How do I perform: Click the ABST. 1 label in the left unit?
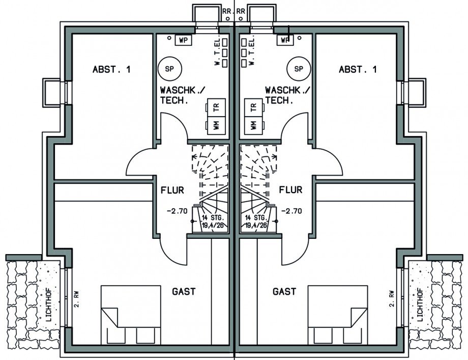point(111,70)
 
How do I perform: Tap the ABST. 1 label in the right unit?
point(358,70)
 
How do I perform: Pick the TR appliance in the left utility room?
point(216,107)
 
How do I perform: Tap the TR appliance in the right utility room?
point(252,107)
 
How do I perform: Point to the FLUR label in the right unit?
point(290,190)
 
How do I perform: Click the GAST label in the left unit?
point(184,292)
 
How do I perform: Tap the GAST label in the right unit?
point(284,292)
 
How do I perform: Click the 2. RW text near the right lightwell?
point(391,299)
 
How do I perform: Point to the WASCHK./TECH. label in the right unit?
point(288,95)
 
